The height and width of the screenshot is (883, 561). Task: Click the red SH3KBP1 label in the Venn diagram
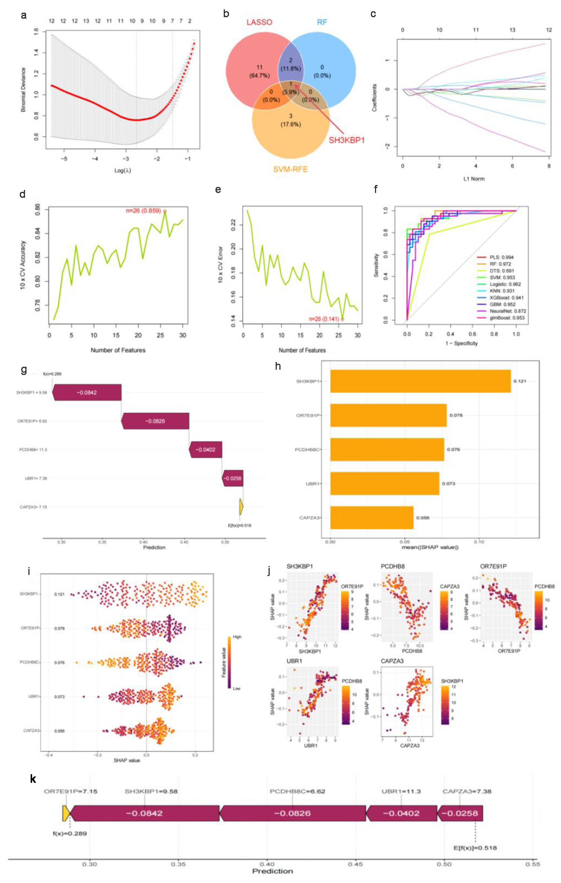point(346,140)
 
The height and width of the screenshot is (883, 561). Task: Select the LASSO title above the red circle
point(259,22)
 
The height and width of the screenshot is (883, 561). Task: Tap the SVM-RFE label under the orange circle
point(290,169)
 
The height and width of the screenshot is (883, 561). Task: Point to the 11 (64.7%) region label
point(259,71)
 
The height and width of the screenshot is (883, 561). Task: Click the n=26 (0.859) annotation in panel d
point(143,211)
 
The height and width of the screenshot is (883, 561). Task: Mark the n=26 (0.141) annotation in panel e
point(323,319)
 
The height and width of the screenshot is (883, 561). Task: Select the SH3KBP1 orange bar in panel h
point(420,381)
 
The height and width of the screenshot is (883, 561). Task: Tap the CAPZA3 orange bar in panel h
point(372,518)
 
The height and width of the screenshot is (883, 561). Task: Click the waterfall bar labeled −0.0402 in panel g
point(206,450)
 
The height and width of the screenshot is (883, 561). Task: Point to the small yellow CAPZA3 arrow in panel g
point(241,507)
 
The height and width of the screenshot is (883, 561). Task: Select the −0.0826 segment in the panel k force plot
point(292,813)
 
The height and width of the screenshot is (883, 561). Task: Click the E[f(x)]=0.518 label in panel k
point(475,848)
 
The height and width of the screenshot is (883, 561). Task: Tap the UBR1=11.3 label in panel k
point(401,791)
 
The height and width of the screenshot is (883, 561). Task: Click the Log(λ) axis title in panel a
point(123,170)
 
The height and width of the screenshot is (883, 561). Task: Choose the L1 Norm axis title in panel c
point(474,179)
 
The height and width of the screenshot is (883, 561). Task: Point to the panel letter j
point(270,571)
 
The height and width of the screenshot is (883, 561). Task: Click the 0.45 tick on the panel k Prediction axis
point(356,864)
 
